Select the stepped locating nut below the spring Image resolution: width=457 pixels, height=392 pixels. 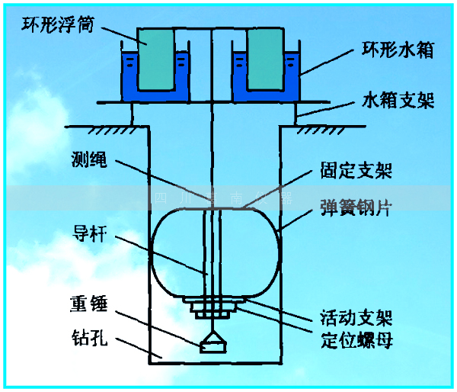pyautogui.click(x=213, y=309)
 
